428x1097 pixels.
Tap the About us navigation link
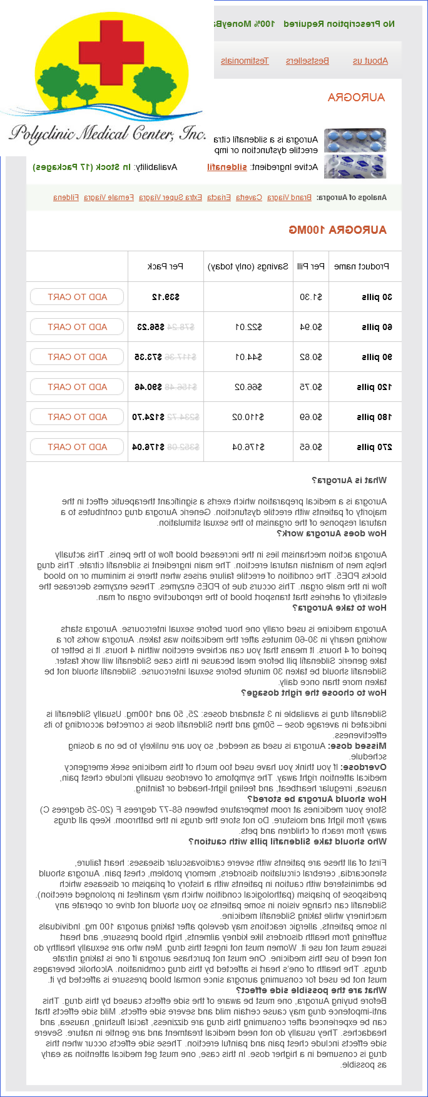370,61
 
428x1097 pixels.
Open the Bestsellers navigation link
307,61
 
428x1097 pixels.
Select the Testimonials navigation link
245,61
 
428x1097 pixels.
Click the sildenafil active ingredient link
227,167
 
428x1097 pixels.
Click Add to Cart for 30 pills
77,297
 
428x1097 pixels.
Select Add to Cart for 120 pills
77,387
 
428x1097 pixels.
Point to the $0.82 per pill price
312,357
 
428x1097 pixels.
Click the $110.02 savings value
248,417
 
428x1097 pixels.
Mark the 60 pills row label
377,327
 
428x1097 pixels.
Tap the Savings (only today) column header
248,266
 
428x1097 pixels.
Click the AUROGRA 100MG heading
337,230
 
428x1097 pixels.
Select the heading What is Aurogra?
349,480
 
